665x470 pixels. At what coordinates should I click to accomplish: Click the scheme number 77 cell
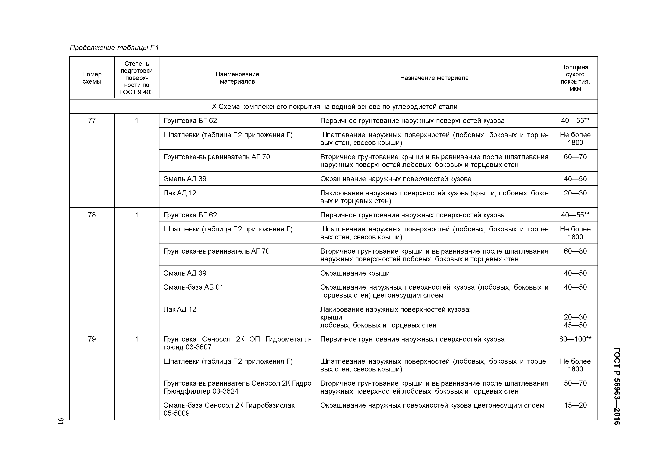[x=92, y=121]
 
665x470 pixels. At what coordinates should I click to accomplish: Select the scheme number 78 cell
[x=92, y=215]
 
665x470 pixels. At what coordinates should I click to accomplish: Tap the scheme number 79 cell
[x=92, y=339]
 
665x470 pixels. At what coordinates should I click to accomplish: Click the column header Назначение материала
[x=434, y=78]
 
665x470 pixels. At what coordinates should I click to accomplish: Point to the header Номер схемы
[x=92, y=78]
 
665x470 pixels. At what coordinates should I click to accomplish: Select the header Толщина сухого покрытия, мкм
[x=575, y=78]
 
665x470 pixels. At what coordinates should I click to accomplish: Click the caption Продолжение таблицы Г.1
[x=114, y=48]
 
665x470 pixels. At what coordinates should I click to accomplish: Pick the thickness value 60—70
[x=575, y=157]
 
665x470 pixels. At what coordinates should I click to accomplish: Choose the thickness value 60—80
[x=575, y=251]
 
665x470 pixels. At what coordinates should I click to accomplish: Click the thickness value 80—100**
[x=575, y=339]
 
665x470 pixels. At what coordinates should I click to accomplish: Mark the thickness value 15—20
[x=575, y=405]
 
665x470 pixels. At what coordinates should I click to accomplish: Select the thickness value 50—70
[x=575, y=383]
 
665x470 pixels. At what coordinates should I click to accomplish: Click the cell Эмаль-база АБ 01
[x=194, y=287]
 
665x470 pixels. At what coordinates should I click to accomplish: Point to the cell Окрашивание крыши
[x=355, y=273]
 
